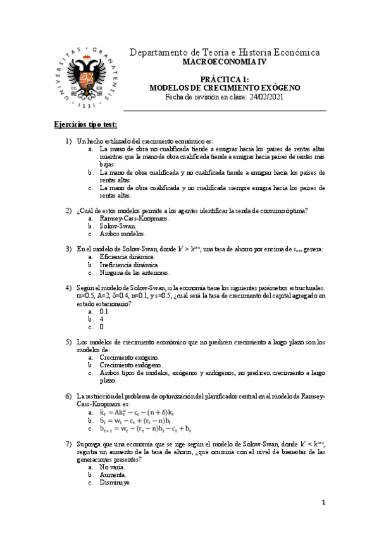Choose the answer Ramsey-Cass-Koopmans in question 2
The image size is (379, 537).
click(x=134, y=218)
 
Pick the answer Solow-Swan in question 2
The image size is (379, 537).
click(x=118, y=226)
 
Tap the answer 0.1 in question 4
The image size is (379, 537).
click(x=104, y=312)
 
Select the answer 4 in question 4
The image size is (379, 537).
click(x=101, y=319)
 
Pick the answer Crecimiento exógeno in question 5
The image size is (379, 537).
click(x=129, y=358)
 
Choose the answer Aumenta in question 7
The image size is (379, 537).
click(x=113, y=475)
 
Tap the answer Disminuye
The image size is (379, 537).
click(x=115, y=483)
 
